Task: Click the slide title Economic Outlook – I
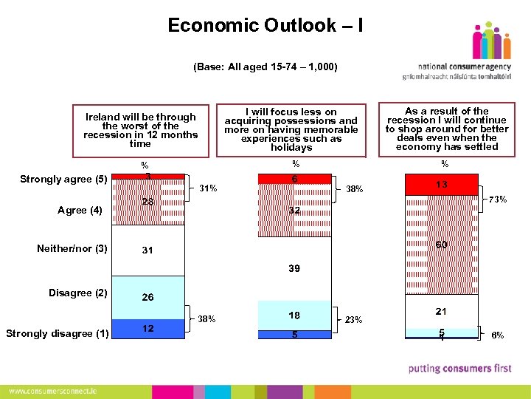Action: click(265, 26)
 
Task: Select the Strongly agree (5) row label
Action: click(63, 180)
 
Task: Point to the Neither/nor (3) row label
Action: click(72, 248)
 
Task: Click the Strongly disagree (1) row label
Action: click(57, 333)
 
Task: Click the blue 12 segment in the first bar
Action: click(147, 329)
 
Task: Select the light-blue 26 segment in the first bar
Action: click(147, 297)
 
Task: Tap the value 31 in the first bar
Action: click(147, 250)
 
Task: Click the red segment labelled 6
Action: click(294, 179)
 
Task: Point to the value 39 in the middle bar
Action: click(294, 269)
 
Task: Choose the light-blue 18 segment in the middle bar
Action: click(294, 316)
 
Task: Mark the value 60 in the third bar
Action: click(441, 245)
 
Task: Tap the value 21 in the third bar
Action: click(441, 312)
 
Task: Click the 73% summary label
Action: click(497, 199)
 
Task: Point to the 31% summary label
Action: click(208, 188)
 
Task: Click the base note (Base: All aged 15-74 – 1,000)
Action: click(265, 67)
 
